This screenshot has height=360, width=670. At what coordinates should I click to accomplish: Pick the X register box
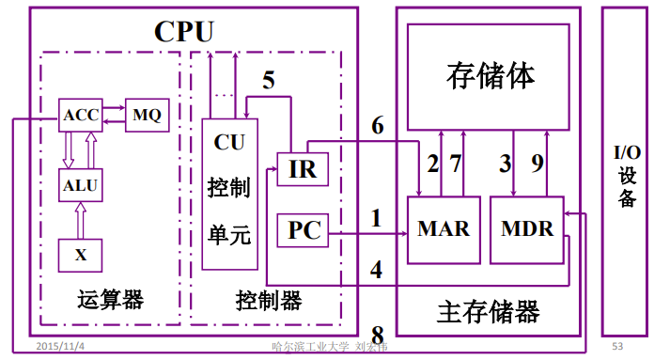click(x=80, y=254)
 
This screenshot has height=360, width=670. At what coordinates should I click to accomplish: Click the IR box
click(x=303, y=170)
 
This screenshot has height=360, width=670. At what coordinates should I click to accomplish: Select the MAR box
click(x=444, y=229)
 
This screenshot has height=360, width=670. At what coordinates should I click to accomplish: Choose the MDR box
click(x=526, y=229)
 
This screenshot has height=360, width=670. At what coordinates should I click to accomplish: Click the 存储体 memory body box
click(x=489, y=76)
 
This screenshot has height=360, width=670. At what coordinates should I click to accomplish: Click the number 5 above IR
click(x=269, y=80)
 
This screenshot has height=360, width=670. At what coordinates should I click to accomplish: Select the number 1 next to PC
click(x=376, y=219)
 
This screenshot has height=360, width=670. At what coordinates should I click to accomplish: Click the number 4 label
click(x=376, y=270)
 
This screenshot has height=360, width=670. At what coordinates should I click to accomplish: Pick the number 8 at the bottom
click(x=378, y=336)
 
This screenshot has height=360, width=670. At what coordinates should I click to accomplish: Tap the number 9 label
click(x=538, y=164)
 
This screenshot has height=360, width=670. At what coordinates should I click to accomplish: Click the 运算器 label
click(x=111, y=301)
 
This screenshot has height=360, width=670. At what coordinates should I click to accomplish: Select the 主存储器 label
click(x=489, y=311)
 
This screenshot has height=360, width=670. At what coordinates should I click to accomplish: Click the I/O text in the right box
click(x=628, y=153)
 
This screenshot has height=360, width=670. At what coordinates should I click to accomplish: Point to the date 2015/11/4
click(x=60, y=346)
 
